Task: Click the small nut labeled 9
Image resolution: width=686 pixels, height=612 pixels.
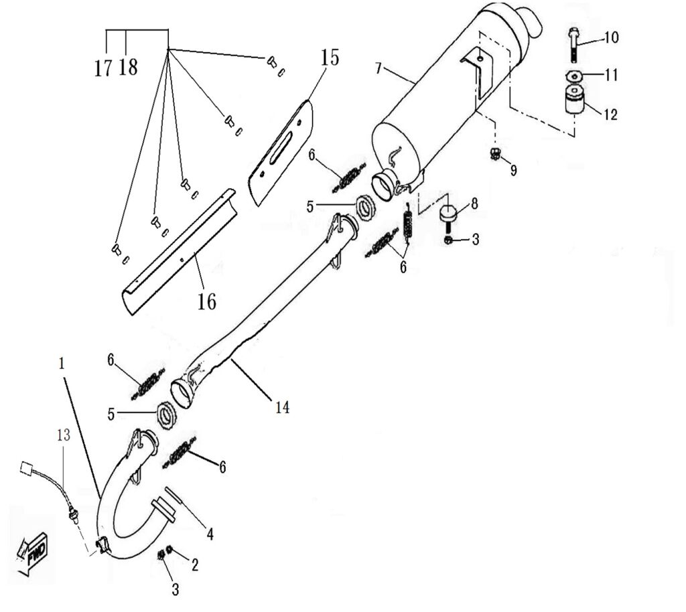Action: tap(495, 155)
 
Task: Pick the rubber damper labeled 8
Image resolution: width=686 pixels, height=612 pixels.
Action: tap(448, 214)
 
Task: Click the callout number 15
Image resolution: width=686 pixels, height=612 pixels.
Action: tap(330, 58)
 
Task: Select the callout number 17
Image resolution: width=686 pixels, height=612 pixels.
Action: tap(103, 68)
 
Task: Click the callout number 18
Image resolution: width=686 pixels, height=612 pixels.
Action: tap(128, 68)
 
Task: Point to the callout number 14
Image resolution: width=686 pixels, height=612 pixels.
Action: tap(282, 406)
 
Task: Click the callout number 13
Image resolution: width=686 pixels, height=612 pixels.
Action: tap(63, 436)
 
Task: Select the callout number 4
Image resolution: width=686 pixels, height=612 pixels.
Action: tap(210, 534)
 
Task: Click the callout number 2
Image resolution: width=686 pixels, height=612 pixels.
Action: tap(195, 564)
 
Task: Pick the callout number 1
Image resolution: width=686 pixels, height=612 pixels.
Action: tap(61, 364)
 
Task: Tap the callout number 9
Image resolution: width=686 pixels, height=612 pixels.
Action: tap(513, 170)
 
